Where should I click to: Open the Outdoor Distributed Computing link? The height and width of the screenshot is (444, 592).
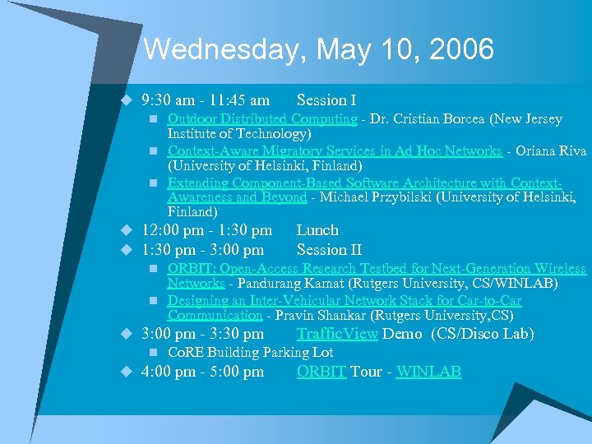point(262,118)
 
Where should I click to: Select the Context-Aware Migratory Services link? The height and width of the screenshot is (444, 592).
point(335,150)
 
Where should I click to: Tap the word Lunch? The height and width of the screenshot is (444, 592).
point(317,230)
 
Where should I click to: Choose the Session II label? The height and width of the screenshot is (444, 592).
point(329,249)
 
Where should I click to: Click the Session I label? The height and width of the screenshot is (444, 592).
point(326,100)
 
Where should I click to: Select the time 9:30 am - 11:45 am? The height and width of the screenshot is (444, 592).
point(206,100)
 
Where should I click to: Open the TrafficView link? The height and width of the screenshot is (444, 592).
point(337,334)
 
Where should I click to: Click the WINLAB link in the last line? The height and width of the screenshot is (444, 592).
point(428,372)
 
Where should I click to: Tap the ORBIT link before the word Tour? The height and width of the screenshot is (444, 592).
point(321,372)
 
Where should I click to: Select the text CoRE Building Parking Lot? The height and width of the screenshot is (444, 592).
point(250,352)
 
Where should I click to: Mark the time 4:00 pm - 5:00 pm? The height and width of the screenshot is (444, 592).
point(203,372)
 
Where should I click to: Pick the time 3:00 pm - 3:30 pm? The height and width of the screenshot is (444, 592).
point(203,334)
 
